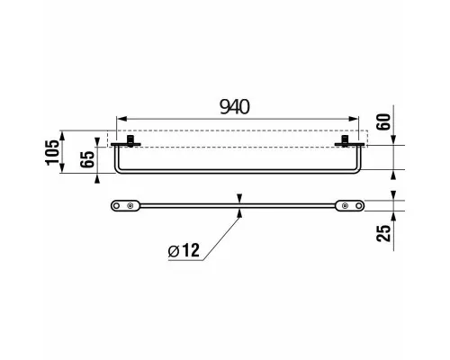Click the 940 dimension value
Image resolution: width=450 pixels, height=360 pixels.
(x=235, y=107)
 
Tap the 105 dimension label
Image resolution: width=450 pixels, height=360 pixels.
(x=52, y=152)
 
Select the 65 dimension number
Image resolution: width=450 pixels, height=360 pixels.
(x=87, y=159)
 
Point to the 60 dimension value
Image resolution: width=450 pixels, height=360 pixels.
(x=383, y=121)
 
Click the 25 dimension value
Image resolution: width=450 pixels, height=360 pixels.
(x=384, y=233)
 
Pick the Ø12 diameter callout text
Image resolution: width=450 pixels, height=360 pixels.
(x=184, y=250)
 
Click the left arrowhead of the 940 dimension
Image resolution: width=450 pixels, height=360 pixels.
(x=121, y=119)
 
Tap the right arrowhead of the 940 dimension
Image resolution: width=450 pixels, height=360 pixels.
(x=354, y=119)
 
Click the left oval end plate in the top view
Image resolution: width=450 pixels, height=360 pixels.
(x=125, y=205)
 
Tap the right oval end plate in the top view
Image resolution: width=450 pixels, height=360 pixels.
(x=350, y=205)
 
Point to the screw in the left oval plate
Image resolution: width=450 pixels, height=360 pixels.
(x=130, y=205)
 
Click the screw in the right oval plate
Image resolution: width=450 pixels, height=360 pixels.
(x=346, y=205)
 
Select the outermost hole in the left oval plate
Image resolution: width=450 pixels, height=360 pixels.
(x=116, y=205)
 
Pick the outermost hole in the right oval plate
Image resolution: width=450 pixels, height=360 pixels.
(x=359, y=205)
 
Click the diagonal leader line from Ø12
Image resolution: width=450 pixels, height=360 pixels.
(x=222, y=238)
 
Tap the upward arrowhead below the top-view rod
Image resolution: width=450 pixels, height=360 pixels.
(x=239, y=212)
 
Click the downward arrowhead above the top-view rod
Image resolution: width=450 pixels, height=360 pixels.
(x=239, y=198)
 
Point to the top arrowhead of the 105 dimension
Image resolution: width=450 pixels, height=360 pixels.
(x=62, y=136)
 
